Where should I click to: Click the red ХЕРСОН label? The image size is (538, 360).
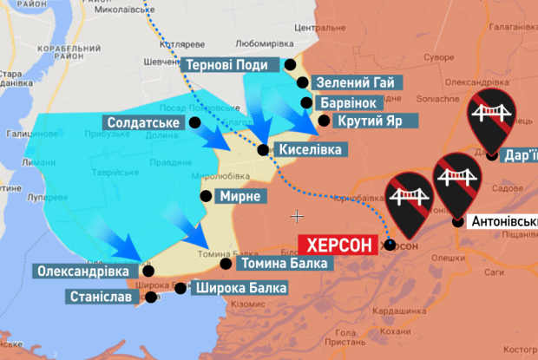click(x=339, y=245)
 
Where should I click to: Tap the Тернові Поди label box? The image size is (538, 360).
click(x=231, y=64)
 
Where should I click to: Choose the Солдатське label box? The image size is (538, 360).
click(x=142, y=123)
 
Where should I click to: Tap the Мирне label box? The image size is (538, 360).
click(x=240, y=196)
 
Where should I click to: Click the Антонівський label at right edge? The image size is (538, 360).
click(x=503, y=222)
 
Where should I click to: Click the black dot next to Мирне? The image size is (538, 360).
click(x=206, y=195)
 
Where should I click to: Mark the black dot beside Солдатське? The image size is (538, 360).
click(x=195, y=123)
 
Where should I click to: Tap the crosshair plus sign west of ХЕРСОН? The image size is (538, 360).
click(x=298, y=215)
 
